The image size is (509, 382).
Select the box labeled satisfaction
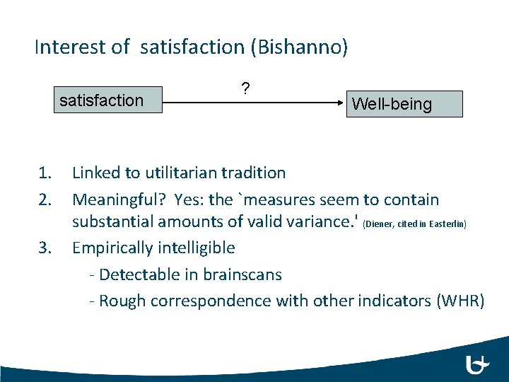pyautogui.click(x=101, y=100)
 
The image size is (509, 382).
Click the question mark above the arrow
pyautogui.click(x=245, y=88)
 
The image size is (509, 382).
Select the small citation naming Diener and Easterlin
pyautogui.click(x=414, y=224)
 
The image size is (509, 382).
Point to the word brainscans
pyautogui.click(x=242, y=274)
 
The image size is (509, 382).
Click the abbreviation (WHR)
pyautogui.click(x=461, y=301)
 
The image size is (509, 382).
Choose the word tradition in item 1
pyautogui.click(x=255, y=173)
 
